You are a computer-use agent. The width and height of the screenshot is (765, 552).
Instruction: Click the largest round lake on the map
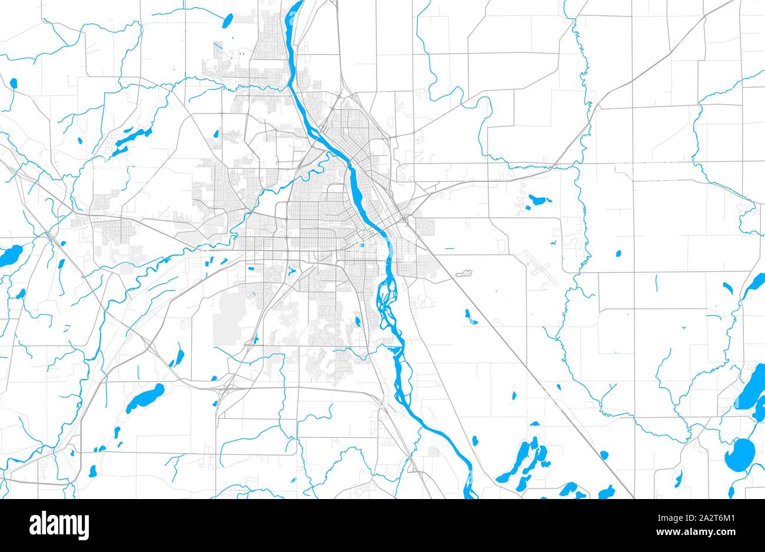(x=740, y=455)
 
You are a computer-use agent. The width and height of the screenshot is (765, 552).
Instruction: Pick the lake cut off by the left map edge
(x=9, y=256)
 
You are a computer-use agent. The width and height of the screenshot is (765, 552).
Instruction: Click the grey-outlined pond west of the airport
(x=464, y=274)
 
